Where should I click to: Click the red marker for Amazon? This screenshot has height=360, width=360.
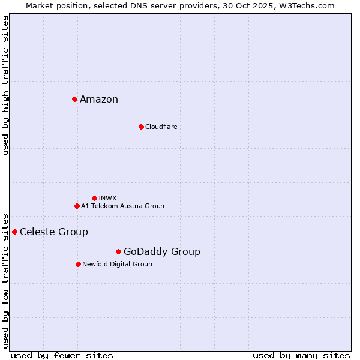(74, 99)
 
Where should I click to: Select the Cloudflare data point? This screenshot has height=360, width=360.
(141, 127)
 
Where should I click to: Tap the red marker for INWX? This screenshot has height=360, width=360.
(94, 198)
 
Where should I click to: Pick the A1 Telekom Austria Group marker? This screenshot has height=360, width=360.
(77, 206)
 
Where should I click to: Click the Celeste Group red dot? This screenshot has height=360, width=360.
(14, 232)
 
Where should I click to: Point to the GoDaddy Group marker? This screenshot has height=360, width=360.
(118, 251)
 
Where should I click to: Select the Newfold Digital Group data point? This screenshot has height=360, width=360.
(78, 264)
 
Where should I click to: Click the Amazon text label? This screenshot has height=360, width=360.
(99, 100)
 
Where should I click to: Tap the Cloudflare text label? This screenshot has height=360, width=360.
(161, 127)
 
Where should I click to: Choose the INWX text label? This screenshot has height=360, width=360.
(107, 198)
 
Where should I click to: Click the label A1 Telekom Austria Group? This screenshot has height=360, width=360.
(122, 206)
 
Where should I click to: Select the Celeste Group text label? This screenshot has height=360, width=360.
(54, 232)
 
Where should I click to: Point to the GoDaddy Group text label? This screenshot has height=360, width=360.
(162, 252)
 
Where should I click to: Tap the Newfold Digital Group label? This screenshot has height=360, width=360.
(117, 264)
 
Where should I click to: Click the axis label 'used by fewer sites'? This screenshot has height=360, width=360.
(62, 356)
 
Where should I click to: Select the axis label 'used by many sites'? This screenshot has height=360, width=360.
(301, 356)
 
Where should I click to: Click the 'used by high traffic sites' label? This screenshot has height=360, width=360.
(6, 85)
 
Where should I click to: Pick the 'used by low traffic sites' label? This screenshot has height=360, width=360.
(6, 280)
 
